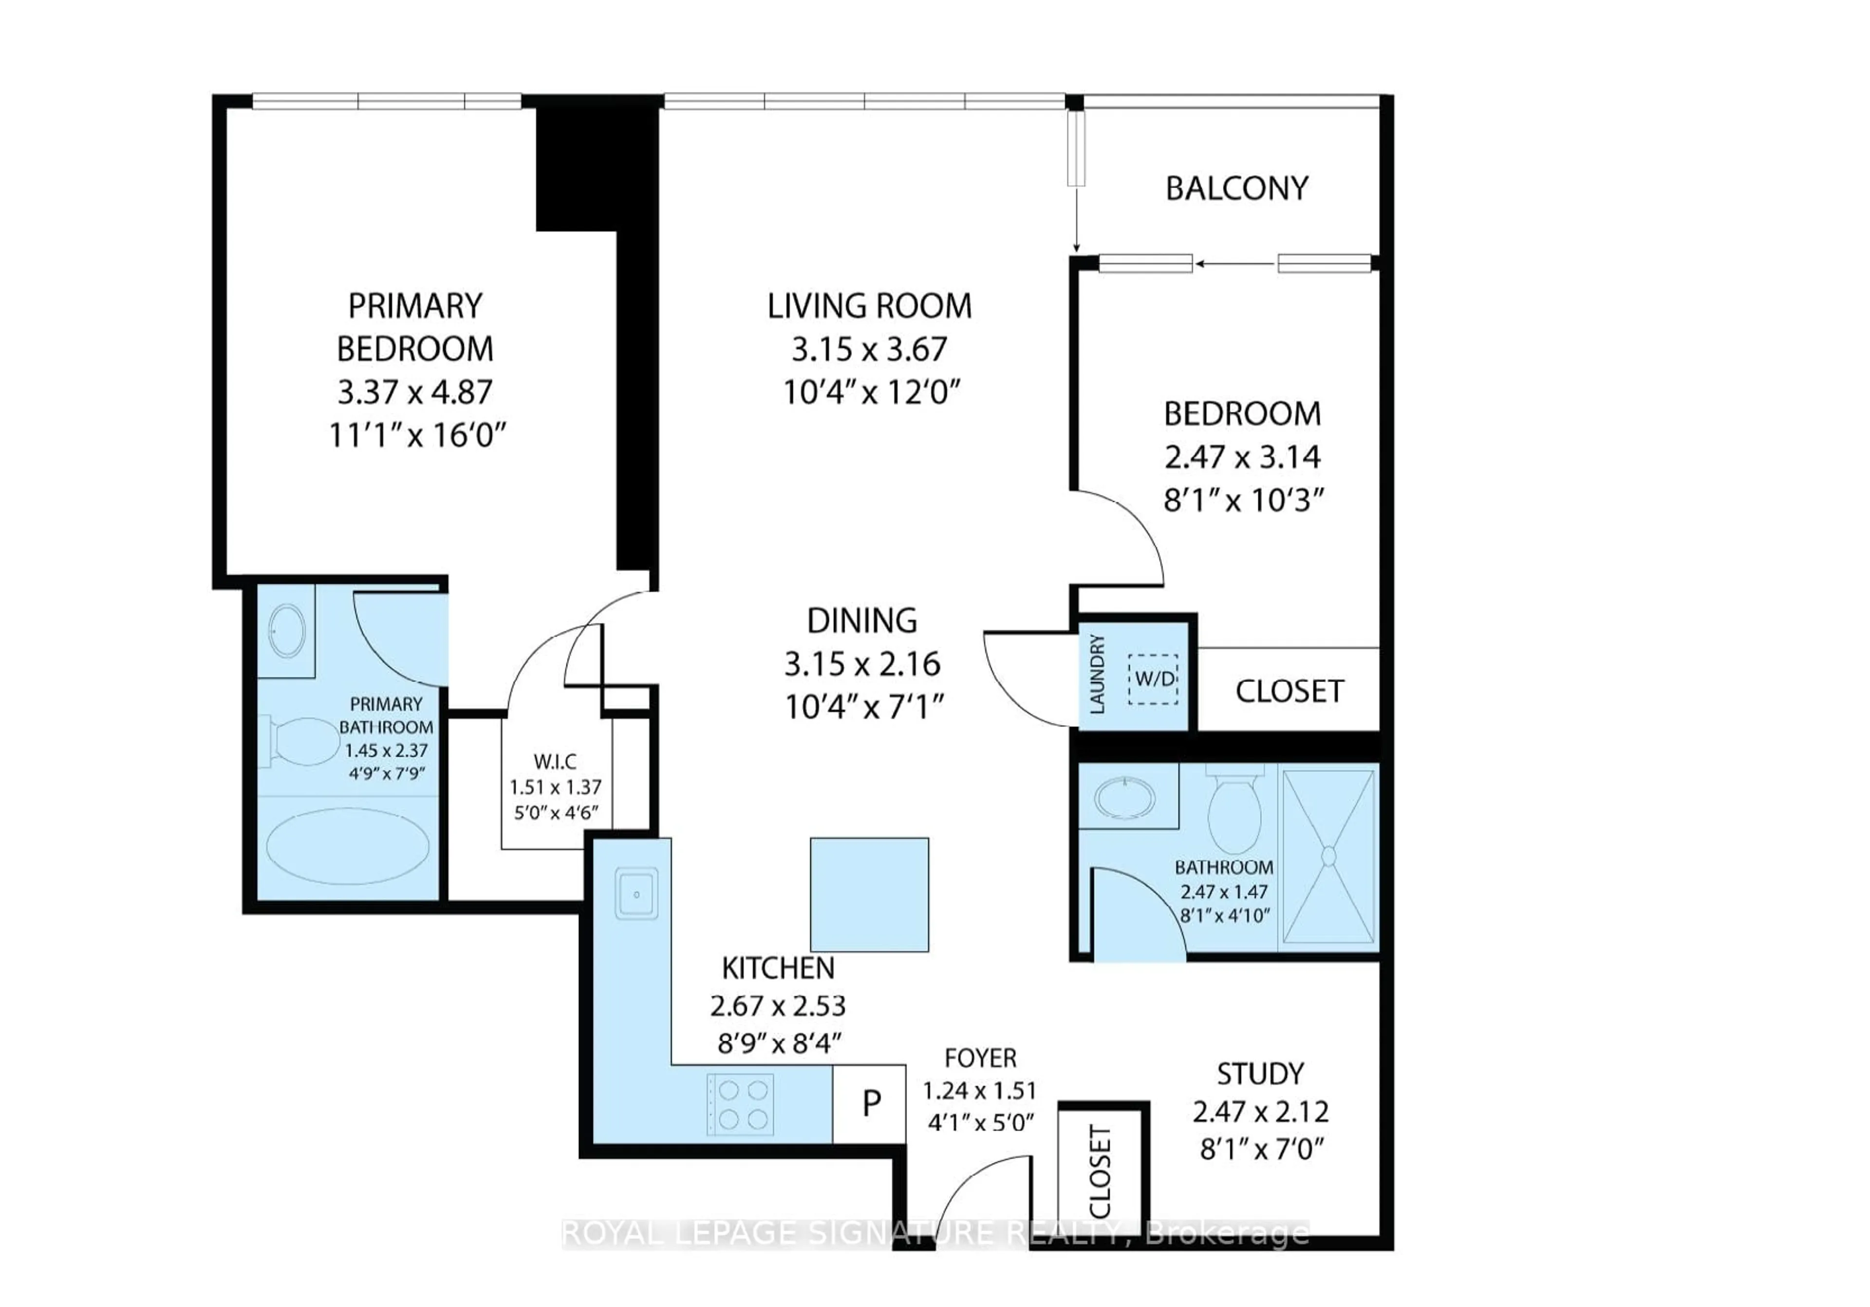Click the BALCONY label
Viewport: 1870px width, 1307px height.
(1236, 189)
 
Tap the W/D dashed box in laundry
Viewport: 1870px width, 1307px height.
(1153, 679)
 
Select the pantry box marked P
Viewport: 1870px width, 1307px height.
(870, 1104)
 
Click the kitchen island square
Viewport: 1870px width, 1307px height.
(869, 894)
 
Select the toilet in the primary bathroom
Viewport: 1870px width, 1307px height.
(301, 742)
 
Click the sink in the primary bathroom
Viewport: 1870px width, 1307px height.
(287, 631)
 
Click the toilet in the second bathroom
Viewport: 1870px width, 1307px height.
(1234, 810)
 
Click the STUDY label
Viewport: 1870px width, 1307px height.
(1260, 1074)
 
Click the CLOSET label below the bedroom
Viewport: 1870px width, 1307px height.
(1289, 691)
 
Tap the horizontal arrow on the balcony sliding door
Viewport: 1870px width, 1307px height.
(1234, 264)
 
